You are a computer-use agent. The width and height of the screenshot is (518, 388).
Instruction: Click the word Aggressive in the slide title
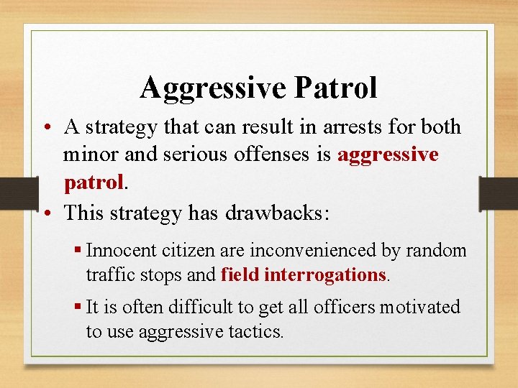click(x=214, y=88)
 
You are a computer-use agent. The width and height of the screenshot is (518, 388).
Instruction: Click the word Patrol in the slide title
click(x=335, y=88)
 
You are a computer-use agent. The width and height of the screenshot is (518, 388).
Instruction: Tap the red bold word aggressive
click(x=388, y=155)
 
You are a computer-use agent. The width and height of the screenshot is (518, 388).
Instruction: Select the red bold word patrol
click(x=94, y=183)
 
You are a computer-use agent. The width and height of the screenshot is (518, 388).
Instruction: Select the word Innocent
click(x=115, y=251)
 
